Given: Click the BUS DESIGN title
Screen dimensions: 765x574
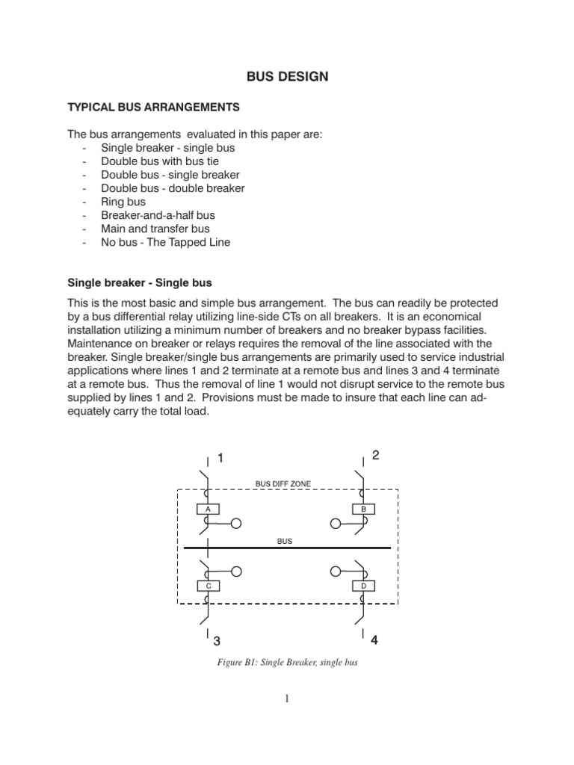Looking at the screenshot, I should (287, 77).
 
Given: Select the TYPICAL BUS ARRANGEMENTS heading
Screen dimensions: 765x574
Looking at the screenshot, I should (154, 108).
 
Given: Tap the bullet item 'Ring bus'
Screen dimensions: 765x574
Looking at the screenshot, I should (123, 202).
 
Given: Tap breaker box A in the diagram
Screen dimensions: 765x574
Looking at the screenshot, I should (207, 509).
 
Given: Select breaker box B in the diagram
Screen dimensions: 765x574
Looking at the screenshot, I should (363, 509).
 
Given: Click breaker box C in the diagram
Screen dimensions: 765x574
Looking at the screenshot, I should (207, 586).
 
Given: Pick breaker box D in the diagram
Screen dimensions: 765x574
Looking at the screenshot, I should (363, 586).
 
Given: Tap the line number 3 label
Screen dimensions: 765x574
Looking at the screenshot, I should (217, 640).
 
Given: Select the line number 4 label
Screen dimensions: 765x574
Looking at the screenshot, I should (374, 639).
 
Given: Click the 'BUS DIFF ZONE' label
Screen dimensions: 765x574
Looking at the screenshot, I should (283, 484).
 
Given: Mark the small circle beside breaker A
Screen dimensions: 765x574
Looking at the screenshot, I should (237, 524).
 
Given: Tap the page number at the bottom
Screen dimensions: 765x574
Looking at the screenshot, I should (286, 699).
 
